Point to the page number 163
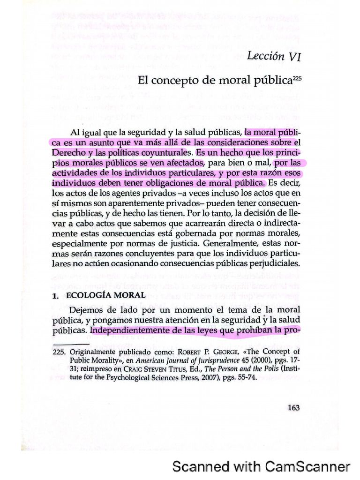293,407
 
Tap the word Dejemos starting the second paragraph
86,310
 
